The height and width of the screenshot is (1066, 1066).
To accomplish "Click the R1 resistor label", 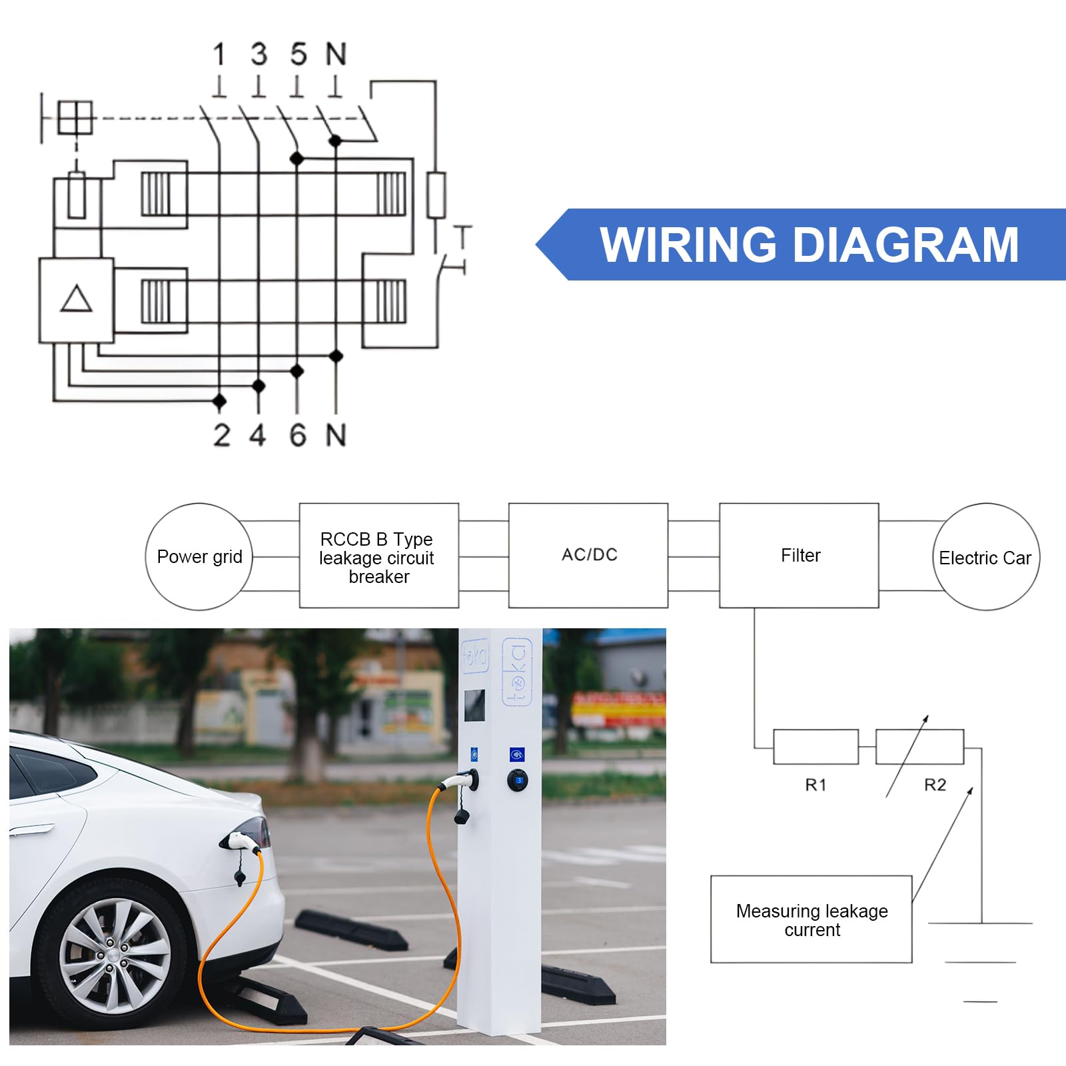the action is (815, 785).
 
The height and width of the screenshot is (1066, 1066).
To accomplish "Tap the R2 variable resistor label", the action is (935, 785).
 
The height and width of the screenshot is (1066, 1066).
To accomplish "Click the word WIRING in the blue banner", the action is (688, 245).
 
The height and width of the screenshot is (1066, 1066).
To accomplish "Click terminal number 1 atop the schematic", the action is (219, 54).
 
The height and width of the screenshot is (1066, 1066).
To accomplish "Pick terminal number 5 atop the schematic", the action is (298, 54).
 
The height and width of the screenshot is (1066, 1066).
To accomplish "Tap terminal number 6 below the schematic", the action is (298, 435).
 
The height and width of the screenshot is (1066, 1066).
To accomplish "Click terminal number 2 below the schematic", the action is (222, 435).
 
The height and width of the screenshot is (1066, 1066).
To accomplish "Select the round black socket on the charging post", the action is (518, 780).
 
